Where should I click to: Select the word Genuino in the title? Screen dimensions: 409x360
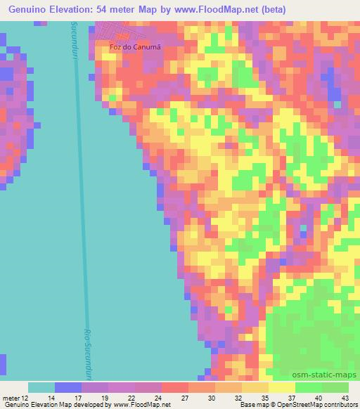click(29, 9)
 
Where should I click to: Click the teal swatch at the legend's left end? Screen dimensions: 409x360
click(41, 387)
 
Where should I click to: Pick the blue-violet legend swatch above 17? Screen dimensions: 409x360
click(68, 387)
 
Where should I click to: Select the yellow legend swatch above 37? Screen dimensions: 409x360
click(282, 387)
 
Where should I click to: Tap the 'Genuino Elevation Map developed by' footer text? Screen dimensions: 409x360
click(56, 405)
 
